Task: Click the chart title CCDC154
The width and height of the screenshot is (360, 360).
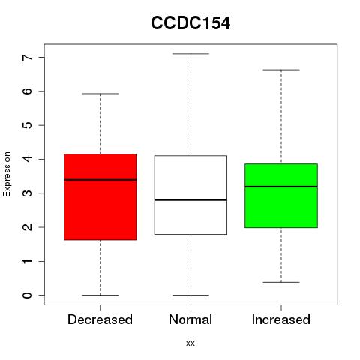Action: [190, 23]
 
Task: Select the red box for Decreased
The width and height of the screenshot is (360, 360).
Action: [100, 197]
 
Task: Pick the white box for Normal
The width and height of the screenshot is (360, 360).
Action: [190, 195]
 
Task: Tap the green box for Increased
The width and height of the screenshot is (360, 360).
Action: [281, 196]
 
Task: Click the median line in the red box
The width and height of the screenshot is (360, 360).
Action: [100, 180]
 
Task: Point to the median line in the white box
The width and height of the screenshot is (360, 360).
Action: [190, 199]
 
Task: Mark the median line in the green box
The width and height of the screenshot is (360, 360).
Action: [281, 187]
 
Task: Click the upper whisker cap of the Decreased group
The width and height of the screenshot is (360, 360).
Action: [100, 94]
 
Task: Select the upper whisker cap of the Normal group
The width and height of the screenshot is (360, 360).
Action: [190, 54]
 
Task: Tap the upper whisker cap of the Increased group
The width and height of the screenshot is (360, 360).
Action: [281, 70]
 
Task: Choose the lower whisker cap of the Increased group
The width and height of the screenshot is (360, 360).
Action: [281, 282]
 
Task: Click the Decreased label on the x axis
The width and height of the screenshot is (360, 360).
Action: [100, 319]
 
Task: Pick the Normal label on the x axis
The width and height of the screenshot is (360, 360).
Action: [190, 319]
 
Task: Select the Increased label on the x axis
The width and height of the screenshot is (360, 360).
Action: [281, 319]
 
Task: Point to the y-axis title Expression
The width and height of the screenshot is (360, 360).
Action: [7, 174]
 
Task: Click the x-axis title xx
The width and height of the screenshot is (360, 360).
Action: [190, 343]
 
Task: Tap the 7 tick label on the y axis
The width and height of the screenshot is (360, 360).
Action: [28, 58]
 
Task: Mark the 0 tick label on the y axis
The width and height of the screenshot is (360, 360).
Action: [28, 295]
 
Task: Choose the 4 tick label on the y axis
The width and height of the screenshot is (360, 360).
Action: [28, 159]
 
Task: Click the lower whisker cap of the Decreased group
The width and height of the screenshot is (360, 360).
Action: [100, 295]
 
